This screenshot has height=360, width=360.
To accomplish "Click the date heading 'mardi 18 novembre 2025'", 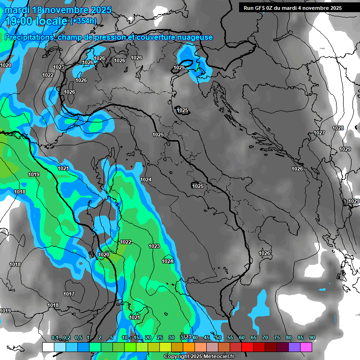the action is pos(58,10).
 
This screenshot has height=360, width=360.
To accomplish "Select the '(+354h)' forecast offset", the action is pos(83,21).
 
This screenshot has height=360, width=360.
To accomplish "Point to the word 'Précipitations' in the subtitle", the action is pos(29,37).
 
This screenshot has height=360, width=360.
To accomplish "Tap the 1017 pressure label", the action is pos(69,294).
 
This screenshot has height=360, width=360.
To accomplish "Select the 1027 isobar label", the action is pos(319,133).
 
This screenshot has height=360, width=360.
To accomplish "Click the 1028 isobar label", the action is pos(338,128).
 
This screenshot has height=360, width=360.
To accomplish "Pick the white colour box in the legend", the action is pos(48,347).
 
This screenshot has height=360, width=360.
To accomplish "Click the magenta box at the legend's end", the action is pos(306,347).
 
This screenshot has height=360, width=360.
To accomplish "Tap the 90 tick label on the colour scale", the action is pos(312,337).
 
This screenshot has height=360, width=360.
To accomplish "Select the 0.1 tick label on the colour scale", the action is pos(55,337).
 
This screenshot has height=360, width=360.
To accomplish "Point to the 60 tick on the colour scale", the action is pos(242,337).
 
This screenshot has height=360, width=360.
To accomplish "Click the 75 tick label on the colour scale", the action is pos(277,337).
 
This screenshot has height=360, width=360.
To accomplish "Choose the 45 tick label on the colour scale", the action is pos(207,337).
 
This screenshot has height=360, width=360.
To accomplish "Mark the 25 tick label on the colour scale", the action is pos(160,337).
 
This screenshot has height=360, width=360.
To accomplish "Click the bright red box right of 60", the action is pos(247,347).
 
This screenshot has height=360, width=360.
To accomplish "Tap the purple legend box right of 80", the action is pos(294,347).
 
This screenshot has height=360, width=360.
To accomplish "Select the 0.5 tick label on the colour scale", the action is pos(78,337).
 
